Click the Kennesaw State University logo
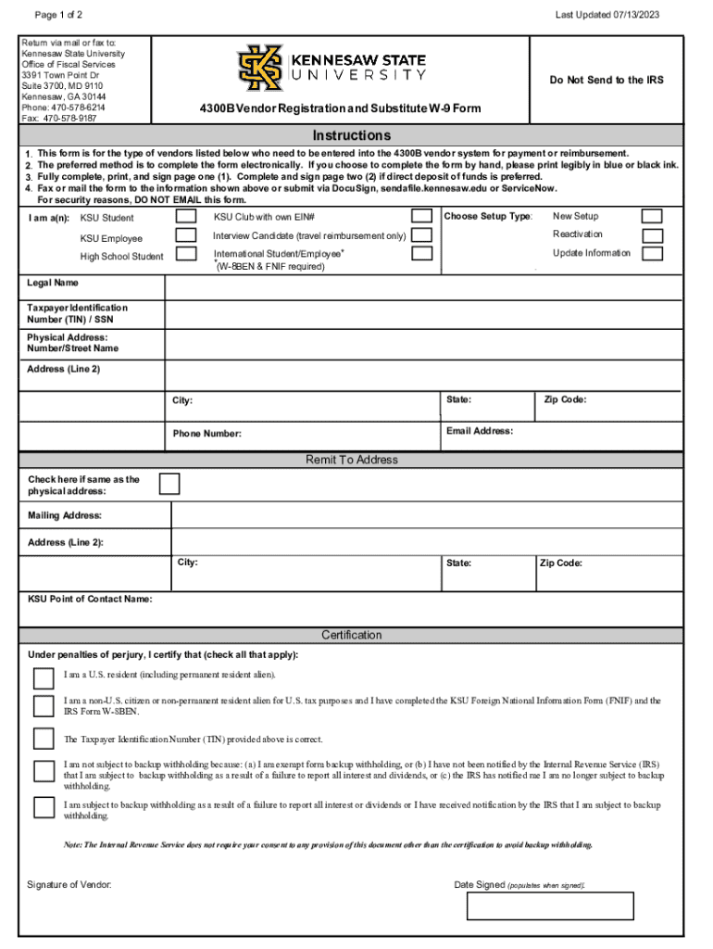click(x=331, y=68)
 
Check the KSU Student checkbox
click(x=186, y=216)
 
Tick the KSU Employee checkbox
click(x=186, y=235)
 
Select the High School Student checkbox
click(x=186, y=254)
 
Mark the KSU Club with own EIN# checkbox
click(x=421, y=216)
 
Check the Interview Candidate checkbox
click(x=421, y=235)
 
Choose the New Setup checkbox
click(x=652, y=216)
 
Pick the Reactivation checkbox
click(x=652, y=234)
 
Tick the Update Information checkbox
click(x=652, y=253)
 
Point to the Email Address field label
click(x=479, y=431)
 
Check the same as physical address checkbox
click(x=169, y=484)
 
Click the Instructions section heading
click(x=351, y=135)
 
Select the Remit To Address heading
click(x=351, y=460)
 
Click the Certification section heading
click(x=351, y=635)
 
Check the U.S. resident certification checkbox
click(x=44, y=675)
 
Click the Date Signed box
click(x=550, y=905)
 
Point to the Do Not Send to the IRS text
click(x=606, y=80)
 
